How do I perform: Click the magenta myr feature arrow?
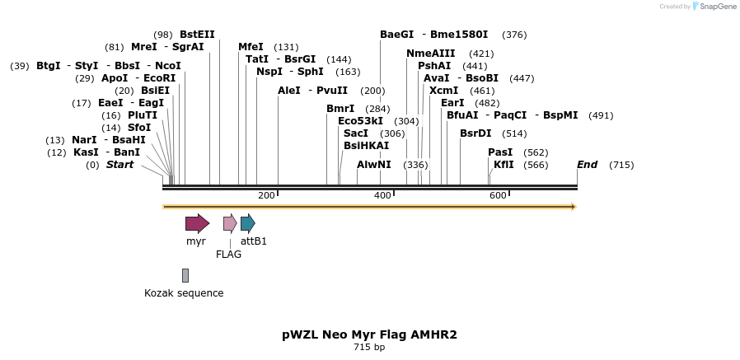pyautogui.click(x=197, y=223)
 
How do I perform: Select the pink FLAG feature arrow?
pyautogui.click(x=230, y=223)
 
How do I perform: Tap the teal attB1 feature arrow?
pyautogui.click(x=247, y=223)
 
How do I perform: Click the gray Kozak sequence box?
pyautogui.click(x=185, y=275)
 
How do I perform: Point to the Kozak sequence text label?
pyautogui.click(x=184, y=293)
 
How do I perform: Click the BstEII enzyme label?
pyautogui.click(x=197, y=35)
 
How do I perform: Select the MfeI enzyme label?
pyautogui.click(x=251, y=47)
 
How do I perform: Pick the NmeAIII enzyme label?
pyautogui.click(x=430, y=54)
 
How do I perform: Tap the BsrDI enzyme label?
pyautogui.click(x=475, y=133)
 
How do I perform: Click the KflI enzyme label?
pyautogui.click(x=503, y=165)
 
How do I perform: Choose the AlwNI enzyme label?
pyautogui.click(x=374, y=165)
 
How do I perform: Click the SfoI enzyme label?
pyautogui.click(x=139, y=128)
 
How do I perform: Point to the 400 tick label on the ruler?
pyautogui.click(x=382, y=195)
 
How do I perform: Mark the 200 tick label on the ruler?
pyautogui.click(x=266, y=195)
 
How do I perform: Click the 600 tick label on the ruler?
pyautogui.click(x=498, y=195)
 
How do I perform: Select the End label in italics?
pyautogui.click(x=587, y=165)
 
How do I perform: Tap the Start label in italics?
pyautogui.click(x=119, y=165)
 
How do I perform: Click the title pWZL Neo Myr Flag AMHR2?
pyautogui.click(x=369, y=334)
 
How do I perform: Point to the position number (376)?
pyautogui.click(x=514, y=35)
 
